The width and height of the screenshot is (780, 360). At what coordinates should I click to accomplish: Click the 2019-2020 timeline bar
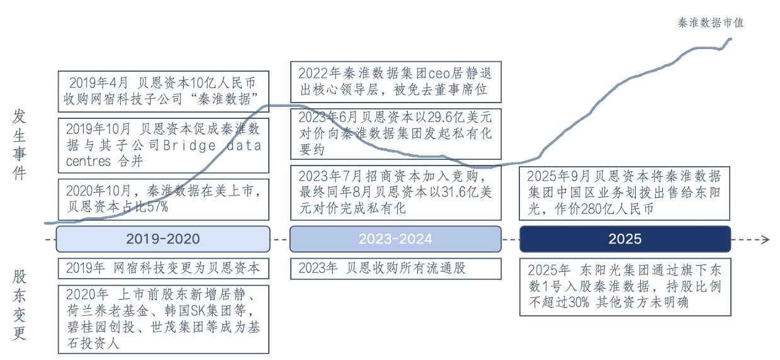[163, 239]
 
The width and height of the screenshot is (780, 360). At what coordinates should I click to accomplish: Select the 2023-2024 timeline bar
[395, 239]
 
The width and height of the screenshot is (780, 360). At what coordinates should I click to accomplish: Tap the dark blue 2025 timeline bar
[625, 239]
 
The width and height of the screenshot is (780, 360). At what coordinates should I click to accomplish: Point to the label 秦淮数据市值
[711, 23]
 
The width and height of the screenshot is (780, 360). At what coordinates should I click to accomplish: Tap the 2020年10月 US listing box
[163, 198]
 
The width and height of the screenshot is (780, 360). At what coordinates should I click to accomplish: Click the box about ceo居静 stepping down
[395, 82]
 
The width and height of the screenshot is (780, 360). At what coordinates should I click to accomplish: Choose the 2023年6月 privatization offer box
[395, 134]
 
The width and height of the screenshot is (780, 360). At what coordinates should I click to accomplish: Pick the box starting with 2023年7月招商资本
[395, 192]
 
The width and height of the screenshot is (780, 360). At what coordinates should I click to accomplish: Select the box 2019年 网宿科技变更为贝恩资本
[163, 268]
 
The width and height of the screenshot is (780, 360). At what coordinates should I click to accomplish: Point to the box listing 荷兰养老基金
[163, 318]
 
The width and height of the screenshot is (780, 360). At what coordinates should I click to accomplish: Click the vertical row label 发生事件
[20, 144]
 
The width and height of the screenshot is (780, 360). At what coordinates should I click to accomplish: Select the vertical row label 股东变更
[20, 305]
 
